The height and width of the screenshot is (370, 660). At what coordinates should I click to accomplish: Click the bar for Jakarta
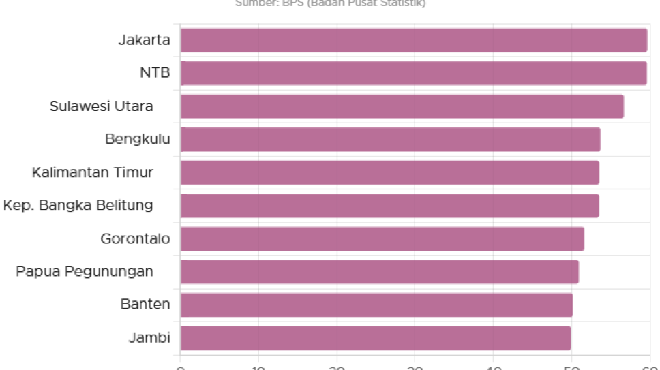pyautogui.click(x=413, y=40)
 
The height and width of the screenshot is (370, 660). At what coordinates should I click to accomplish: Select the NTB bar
pyautogui.click(x=413, y=73)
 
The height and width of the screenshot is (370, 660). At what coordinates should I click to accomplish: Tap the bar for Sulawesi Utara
pyautogui.click(x=402, y=106)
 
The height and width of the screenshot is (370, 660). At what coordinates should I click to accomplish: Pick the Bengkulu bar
pyautogui.click(x=390, y=139)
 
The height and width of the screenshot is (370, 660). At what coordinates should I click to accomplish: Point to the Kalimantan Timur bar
pyautogui.click(x=389, y=172)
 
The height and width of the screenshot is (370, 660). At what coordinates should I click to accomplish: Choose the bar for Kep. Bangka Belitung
pyautogui.click(x=389, y=206)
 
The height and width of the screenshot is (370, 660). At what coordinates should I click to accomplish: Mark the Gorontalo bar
pyautogui.click(x=382, y=238)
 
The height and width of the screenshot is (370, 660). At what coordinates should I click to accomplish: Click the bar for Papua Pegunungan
pyautogui.click(x=379, y=272)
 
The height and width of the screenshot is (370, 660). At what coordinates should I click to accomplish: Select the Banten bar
pyautogui.click(x=376, y=305)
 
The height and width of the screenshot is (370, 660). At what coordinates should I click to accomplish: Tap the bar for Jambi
pyautogui.click(x=375, y=338)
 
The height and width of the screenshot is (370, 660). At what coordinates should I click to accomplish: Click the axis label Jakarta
pyautogui.click(x=144, y=40)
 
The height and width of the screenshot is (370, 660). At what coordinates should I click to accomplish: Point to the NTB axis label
pyautogui.click(x=155, y=73)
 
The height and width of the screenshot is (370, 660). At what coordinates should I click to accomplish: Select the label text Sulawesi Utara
pyautogui.click(x=101, y=106)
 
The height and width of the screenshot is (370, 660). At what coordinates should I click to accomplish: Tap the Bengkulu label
pyautogui.click(x=137, y=139)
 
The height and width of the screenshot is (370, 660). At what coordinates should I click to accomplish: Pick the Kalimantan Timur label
pyautogui.click(x=92, y=172)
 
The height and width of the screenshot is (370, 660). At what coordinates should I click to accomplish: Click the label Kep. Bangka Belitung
pyautogui.click(x=78, y=206)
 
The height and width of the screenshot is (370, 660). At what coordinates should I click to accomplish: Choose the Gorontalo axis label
pyautogui.click(x=135, y=238)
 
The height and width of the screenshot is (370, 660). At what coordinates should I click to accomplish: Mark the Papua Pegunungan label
pyautogui.click(x=84, y=272)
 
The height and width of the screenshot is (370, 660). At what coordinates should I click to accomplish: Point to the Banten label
pyautogui.click(x=145, y=305)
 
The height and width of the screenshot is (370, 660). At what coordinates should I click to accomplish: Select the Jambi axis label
pyautogui.click(x=149, y=338)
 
